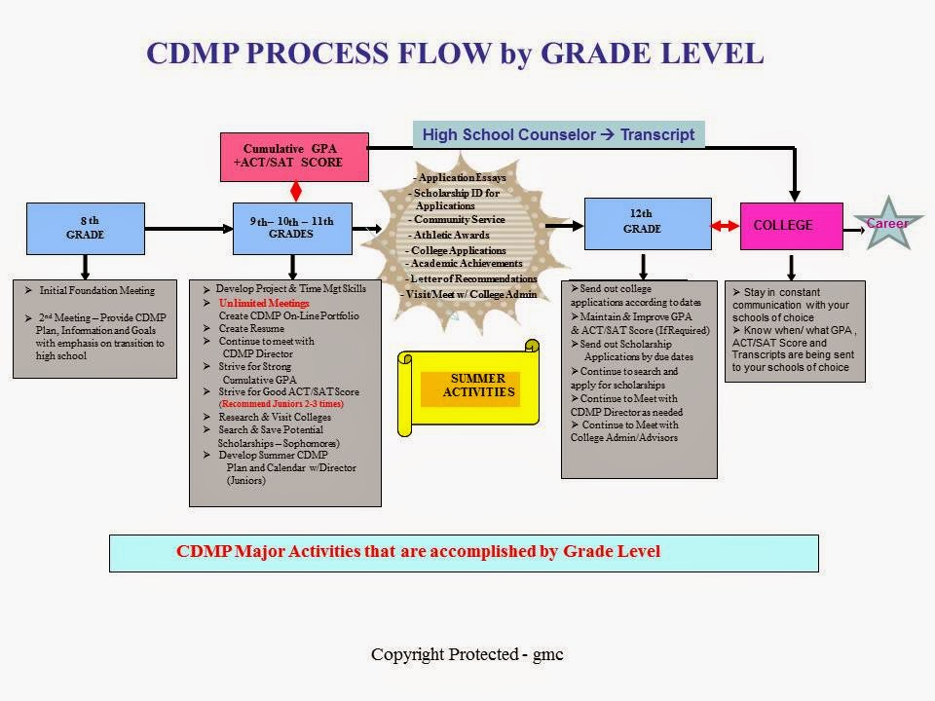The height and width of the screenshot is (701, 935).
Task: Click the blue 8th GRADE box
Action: click(x=86, y=228)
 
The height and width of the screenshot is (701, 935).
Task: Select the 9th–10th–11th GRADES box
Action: click(x=292, y=228)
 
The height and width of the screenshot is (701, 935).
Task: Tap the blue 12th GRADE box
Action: click(x=648, y=224)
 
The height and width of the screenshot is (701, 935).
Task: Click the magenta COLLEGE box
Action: click(x=791, y=226)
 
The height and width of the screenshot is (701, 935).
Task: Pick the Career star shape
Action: click(x=888, y=224)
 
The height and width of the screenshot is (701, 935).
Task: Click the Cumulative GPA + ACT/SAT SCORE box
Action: click(x=294, y=157)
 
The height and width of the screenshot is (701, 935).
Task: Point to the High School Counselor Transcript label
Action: click(x=559, y=134)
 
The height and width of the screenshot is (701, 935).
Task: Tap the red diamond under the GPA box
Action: click(x=296, y=192)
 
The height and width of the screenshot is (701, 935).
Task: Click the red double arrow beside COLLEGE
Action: click(x=725, y=226)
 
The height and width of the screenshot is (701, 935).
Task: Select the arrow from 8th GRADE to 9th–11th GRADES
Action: click(x=189, y=228)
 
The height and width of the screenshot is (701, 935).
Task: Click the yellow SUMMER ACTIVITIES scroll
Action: click(x=468, y=387)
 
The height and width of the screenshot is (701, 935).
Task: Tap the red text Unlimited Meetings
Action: click(x=264, y=303)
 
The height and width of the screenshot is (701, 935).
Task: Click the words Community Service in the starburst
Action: click(x=459, y=219)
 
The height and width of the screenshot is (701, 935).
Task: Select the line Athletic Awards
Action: click(x=451, y=235)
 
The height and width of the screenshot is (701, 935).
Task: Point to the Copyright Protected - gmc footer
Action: click(x=467, y=654)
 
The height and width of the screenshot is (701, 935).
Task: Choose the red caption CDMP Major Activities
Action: click(x=418, y=551)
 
